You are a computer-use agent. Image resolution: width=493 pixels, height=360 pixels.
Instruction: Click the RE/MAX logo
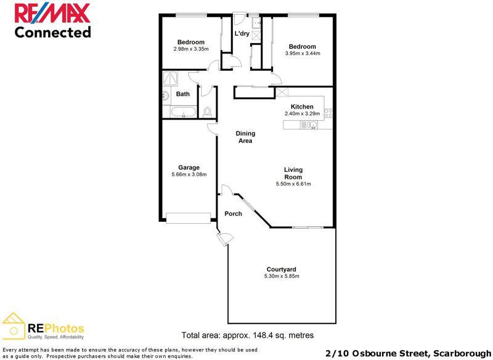pyautogui.click(x=52, y=12)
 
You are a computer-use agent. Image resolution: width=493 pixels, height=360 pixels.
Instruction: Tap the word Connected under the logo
pyautogui.click(x=53, y=33)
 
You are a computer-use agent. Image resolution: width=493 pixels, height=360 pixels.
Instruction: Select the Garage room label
pyautogui.click(x=189, y=168)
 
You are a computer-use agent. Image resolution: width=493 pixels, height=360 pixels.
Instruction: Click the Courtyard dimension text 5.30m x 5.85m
pyautogui.click(x=282, y=276)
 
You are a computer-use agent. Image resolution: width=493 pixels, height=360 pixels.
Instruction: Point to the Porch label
pyautogui.click(x=234, y=214)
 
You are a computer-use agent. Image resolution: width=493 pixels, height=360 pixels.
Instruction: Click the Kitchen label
pyautogui.click(x=302, y=107)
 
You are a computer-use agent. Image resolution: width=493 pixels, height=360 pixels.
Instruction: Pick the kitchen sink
pyautogui.click(x=309, y=125)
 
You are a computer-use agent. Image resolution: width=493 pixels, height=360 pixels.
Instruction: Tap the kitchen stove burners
pyautogui.click(x=328, y=113)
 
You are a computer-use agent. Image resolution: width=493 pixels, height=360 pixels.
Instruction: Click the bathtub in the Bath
pyautogui.click(x=183, y=112)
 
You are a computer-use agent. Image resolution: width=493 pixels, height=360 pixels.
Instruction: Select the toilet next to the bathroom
pyautogui.click(x=207, y=112)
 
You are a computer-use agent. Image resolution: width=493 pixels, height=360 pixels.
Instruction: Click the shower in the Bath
pyautogui.click(x=170, y=79)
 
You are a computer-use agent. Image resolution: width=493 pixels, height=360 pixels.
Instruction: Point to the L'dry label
pyautogui.click(x=242, y=33)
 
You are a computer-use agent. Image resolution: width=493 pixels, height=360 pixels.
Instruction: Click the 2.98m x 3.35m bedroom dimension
pyautogui.click(x=191, y=49)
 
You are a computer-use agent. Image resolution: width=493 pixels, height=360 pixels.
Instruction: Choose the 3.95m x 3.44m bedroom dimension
pyautogui.click(x=303, y=54)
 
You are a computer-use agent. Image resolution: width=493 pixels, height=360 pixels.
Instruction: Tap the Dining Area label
pyautogui.click(x=245, y=137)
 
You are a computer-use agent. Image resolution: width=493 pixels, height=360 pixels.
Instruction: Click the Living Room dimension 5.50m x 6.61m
pyautogui.click(x=293, y=184)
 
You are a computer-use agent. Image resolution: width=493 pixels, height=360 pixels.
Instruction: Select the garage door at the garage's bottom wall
pyautogui.click(x=189, y=218)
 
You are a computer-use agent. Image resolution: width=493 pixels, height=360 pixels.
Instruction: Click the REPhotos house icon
pyautogui.click(x=14, y=326)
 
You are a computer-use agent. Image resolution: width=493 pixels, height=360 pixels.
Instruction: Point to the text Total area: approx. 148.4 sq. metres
pyautogui.click(x=248, y=335)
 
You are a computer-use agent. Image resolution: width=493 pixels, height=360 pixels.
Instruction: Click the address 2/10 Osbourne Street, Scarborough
pyautogui.click(x=408, y=354)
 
